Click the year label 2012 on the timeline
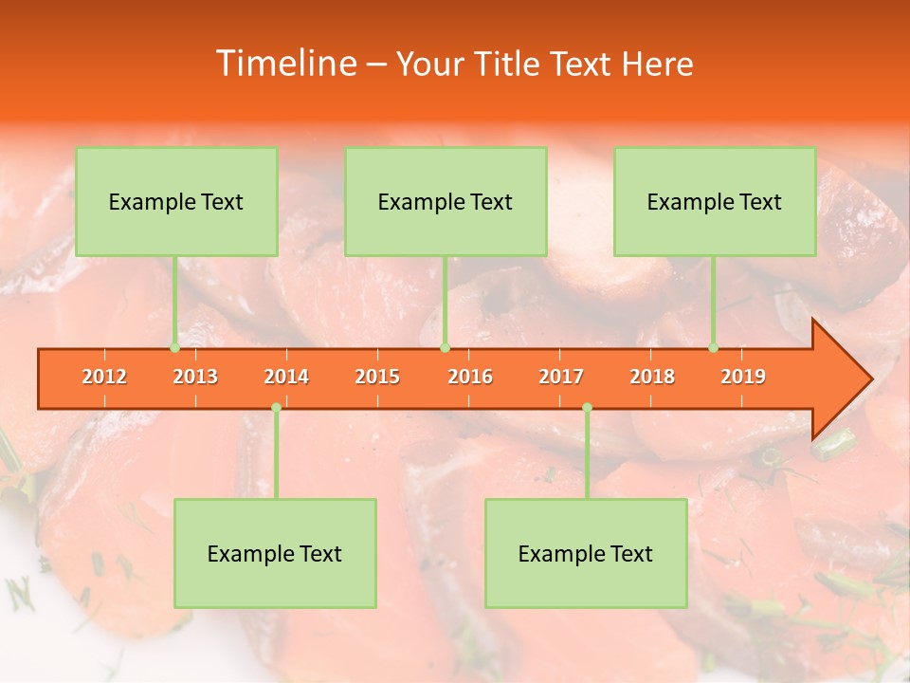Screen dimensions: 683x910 pos(104,377)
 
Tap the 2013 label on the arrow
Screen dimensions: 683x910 pos(195,377)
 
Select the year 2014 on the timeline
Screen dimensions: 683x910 pos(286,377)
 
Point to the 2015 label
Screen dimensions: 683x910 pos(377,377)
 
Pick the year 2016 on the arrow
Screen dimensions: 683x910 pos(470,377)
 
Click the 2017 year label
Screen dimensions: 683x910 pos(561,377)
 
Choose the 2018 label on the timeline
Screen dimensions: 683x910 pos(652,377)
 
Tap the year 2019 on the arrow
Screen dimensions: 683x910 pos(743,377)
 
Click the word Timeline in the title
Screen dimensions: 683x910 pos(284,64)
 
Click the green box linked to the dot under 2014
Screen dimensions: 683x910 pos(275,553)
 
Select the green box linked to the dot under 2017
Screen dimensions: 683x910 pos(586,553)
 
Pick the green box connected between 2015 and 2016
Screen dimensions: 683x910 pos(446,201)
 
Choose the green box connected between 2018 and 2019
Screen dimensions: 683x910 pos(715,201)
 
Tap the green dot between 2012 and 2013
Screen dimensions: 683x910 pos(175,348)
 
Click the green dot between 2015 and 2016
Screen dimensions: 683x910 pos(446,348)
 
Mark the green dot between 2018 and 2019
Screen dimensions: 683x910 pos(714,348)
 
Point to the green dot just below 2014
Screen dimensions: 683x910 pos(276,408)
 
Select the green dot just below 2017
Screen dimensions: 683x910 pos(587,408)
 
